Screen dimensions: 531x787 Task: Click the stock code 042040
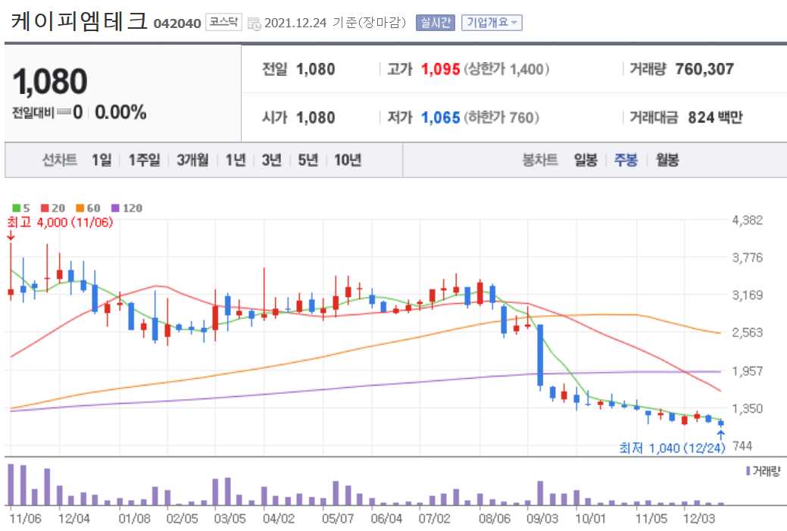coord(177,23)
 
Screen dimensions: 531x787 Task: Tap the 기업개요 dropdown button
coord(492,23)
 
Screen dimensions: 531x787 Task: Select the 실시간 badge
coord(435,23)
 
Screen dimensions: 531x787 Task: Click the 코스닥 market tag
coord(223,23)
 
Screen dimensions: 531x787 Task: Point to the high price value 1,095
coord(441,70)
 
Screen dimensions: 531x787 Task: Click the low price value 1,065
coord(441,117)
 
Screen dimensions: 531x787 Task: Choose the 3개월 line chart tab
coord(192,160)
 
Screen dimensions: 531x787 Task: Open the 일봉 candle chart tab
coord(586,160)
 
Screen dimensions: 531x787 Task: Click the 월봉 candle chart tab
coord(667,160)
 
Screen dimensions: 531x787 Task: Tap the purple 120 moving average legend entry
coord(127,208)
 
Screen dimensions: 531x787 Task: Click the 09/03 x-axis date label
coord(542,519)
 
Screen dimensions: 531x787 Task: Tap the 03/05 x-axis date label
coord(230,519)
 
